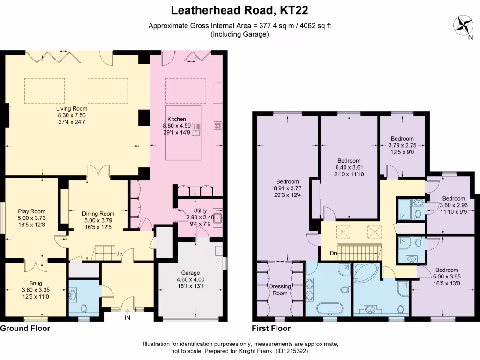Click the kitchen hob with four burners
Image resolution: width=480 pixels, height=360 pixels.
(218, 125)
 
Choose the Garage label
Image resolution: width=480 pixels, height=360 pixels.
(191, 272)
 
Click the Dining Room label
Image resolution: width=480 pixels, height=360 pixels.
(95, 213)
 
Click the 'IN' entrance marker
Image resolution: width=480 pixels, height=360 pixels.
(127, 317)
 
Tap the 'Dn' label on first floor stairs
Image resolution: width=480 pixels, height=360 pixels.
(333, 254)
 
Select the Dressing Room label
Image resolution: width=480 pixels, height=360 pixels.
(280, 289)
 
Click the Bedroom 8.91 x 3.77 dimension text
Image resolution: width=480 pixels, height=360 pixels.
(288, 188)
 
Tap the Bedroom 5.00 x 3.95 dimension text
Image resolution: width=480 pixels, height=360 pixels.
(446, 277)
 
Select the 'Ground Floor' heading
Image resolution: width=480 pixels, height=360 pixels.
(25, 329)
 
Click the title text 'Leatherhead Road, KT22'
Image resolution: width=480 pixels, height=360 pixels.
(240, 10)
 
